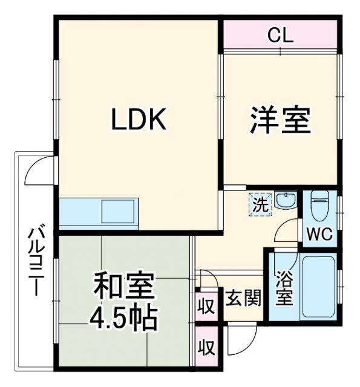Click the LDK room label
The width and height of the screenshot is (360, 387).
click(x=138, y=120)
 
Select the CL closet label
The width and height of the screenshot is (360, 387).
click(x=280, y=35)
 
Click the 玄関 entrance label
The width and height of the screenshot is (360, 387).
click(x=244, y=298)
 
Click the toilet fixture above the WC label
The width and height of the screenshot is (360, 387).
click(x=319, y=206)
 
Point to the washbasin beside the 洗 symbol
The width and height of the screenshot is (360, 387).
click(x=283, y=200)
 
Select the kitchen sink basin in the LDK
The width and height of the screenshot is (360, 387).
click(x=119, y=212)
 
